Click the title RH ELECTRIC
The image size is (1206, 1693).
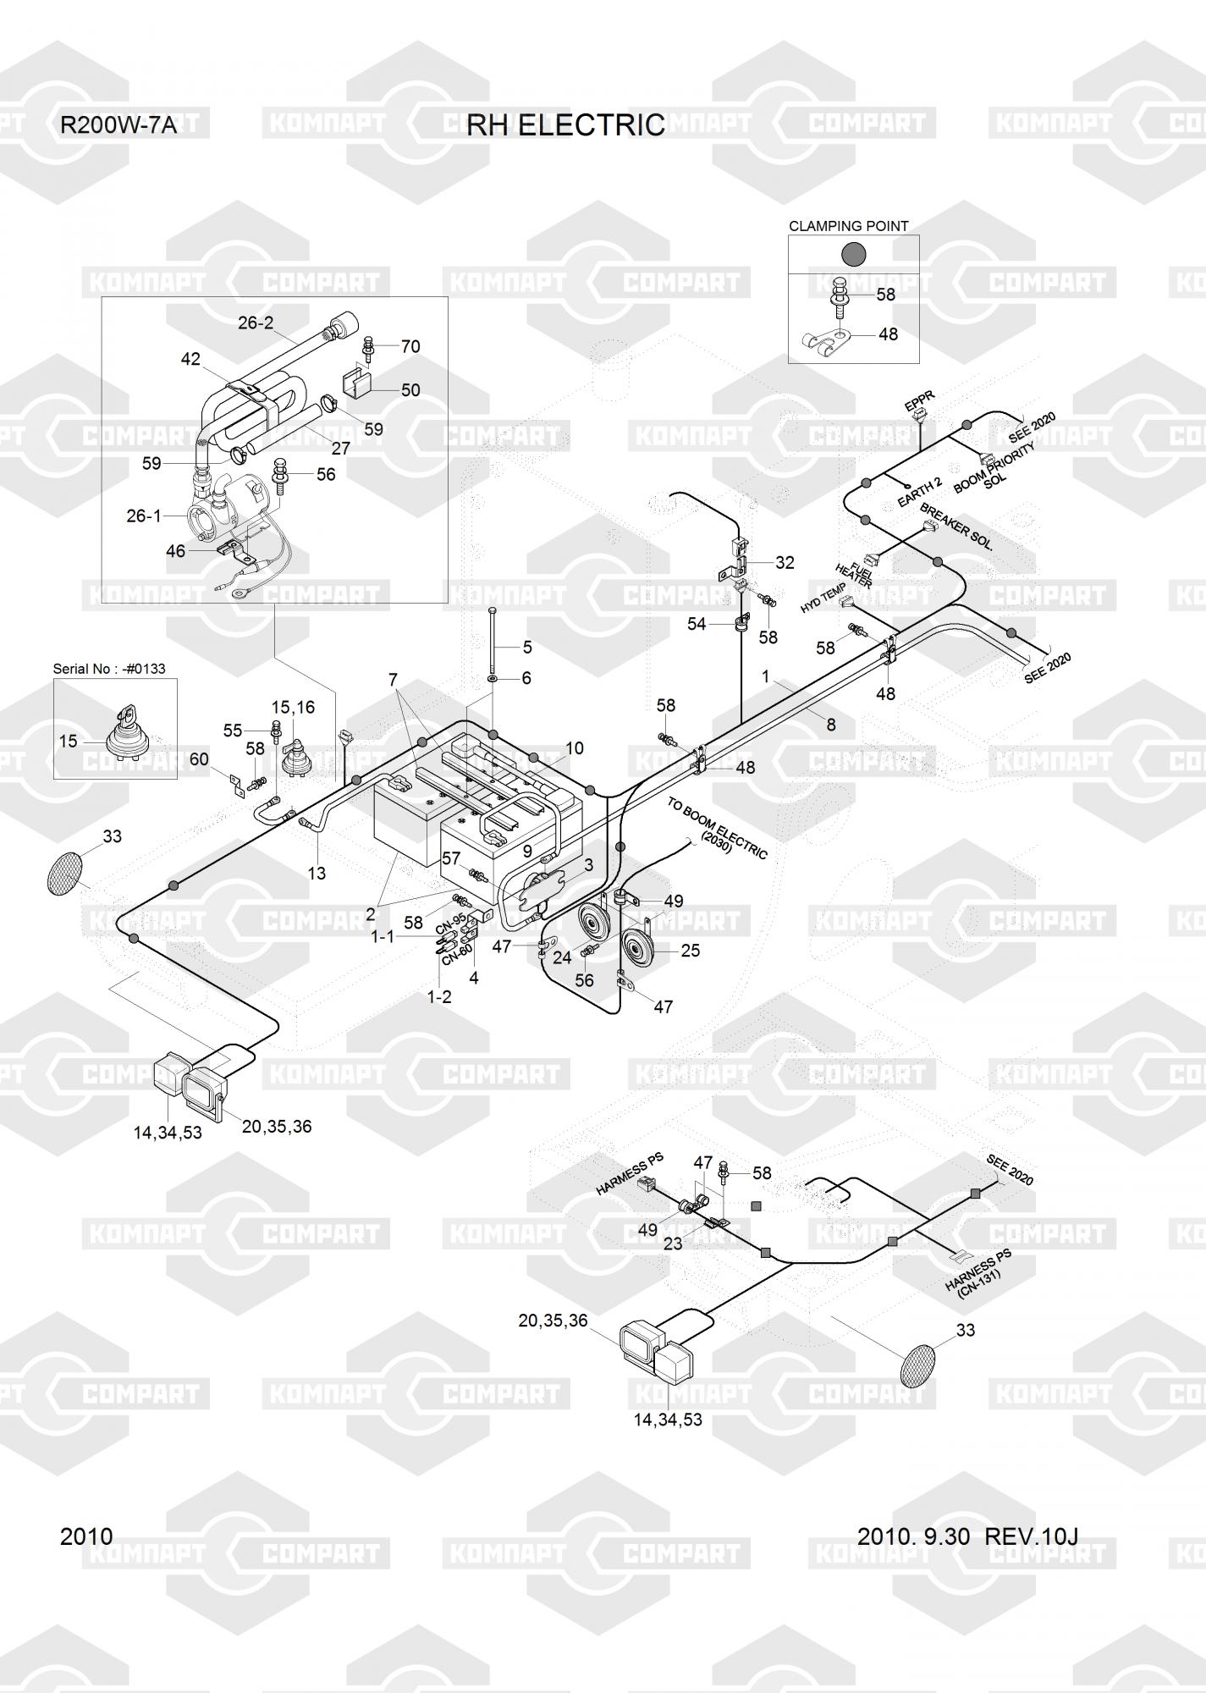pos(565,125)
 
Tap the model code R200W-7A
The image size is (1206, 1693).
pos(118,126)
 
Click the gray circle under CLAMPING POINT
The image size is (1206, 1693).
pos(852,254)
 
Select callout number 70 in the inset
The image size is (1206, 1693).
pos(410,346)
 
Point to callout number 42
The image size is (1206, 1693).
pos(190,359)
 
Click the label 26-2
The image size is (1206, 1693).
pos(256,323)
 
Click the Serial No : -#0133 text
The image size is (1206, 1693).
pos(109,669)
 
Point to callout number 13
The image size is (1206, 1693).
pos(317,873)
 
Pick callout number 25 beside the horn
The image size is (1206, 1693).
pos(691,951)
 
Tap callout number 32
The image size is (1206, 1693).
pos(785,563)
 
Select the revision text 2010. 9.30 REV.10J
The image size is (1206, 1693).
pos(967,1536)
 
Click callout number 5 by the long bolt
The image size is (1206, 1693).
pos(527,648)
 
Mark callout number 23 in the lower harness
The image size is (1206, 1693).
pos(673,1244)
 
